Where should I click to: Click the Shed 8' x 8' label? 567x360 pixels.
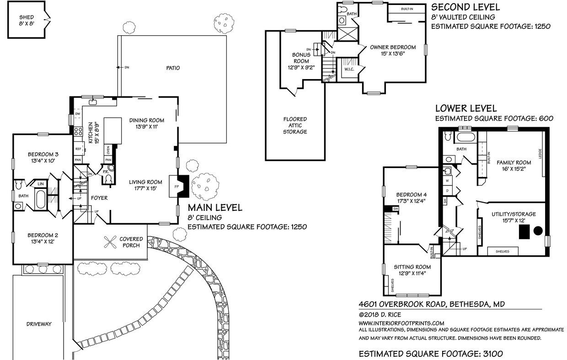[x=27, y=20]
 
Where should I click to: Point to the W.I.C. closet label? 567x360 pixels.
[x=350, y=70]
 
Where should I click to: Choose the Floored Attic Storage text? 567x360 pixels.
[x=294, y=125]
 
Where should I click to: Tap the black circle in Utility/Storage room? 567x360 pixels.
[x=538, y=231]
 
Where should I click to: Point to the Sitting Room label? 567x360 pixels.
[x=412, y=267]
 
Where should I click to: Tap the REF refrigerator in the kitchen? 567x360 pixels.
[x=78, y=149]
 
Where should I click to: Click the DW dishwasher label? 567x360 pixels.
[x=78, y=113]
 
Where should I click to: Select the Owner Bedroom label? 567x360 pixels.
[x=393, y=47]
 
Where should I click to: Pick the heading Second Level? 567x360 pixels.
[x=465, y=7]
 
